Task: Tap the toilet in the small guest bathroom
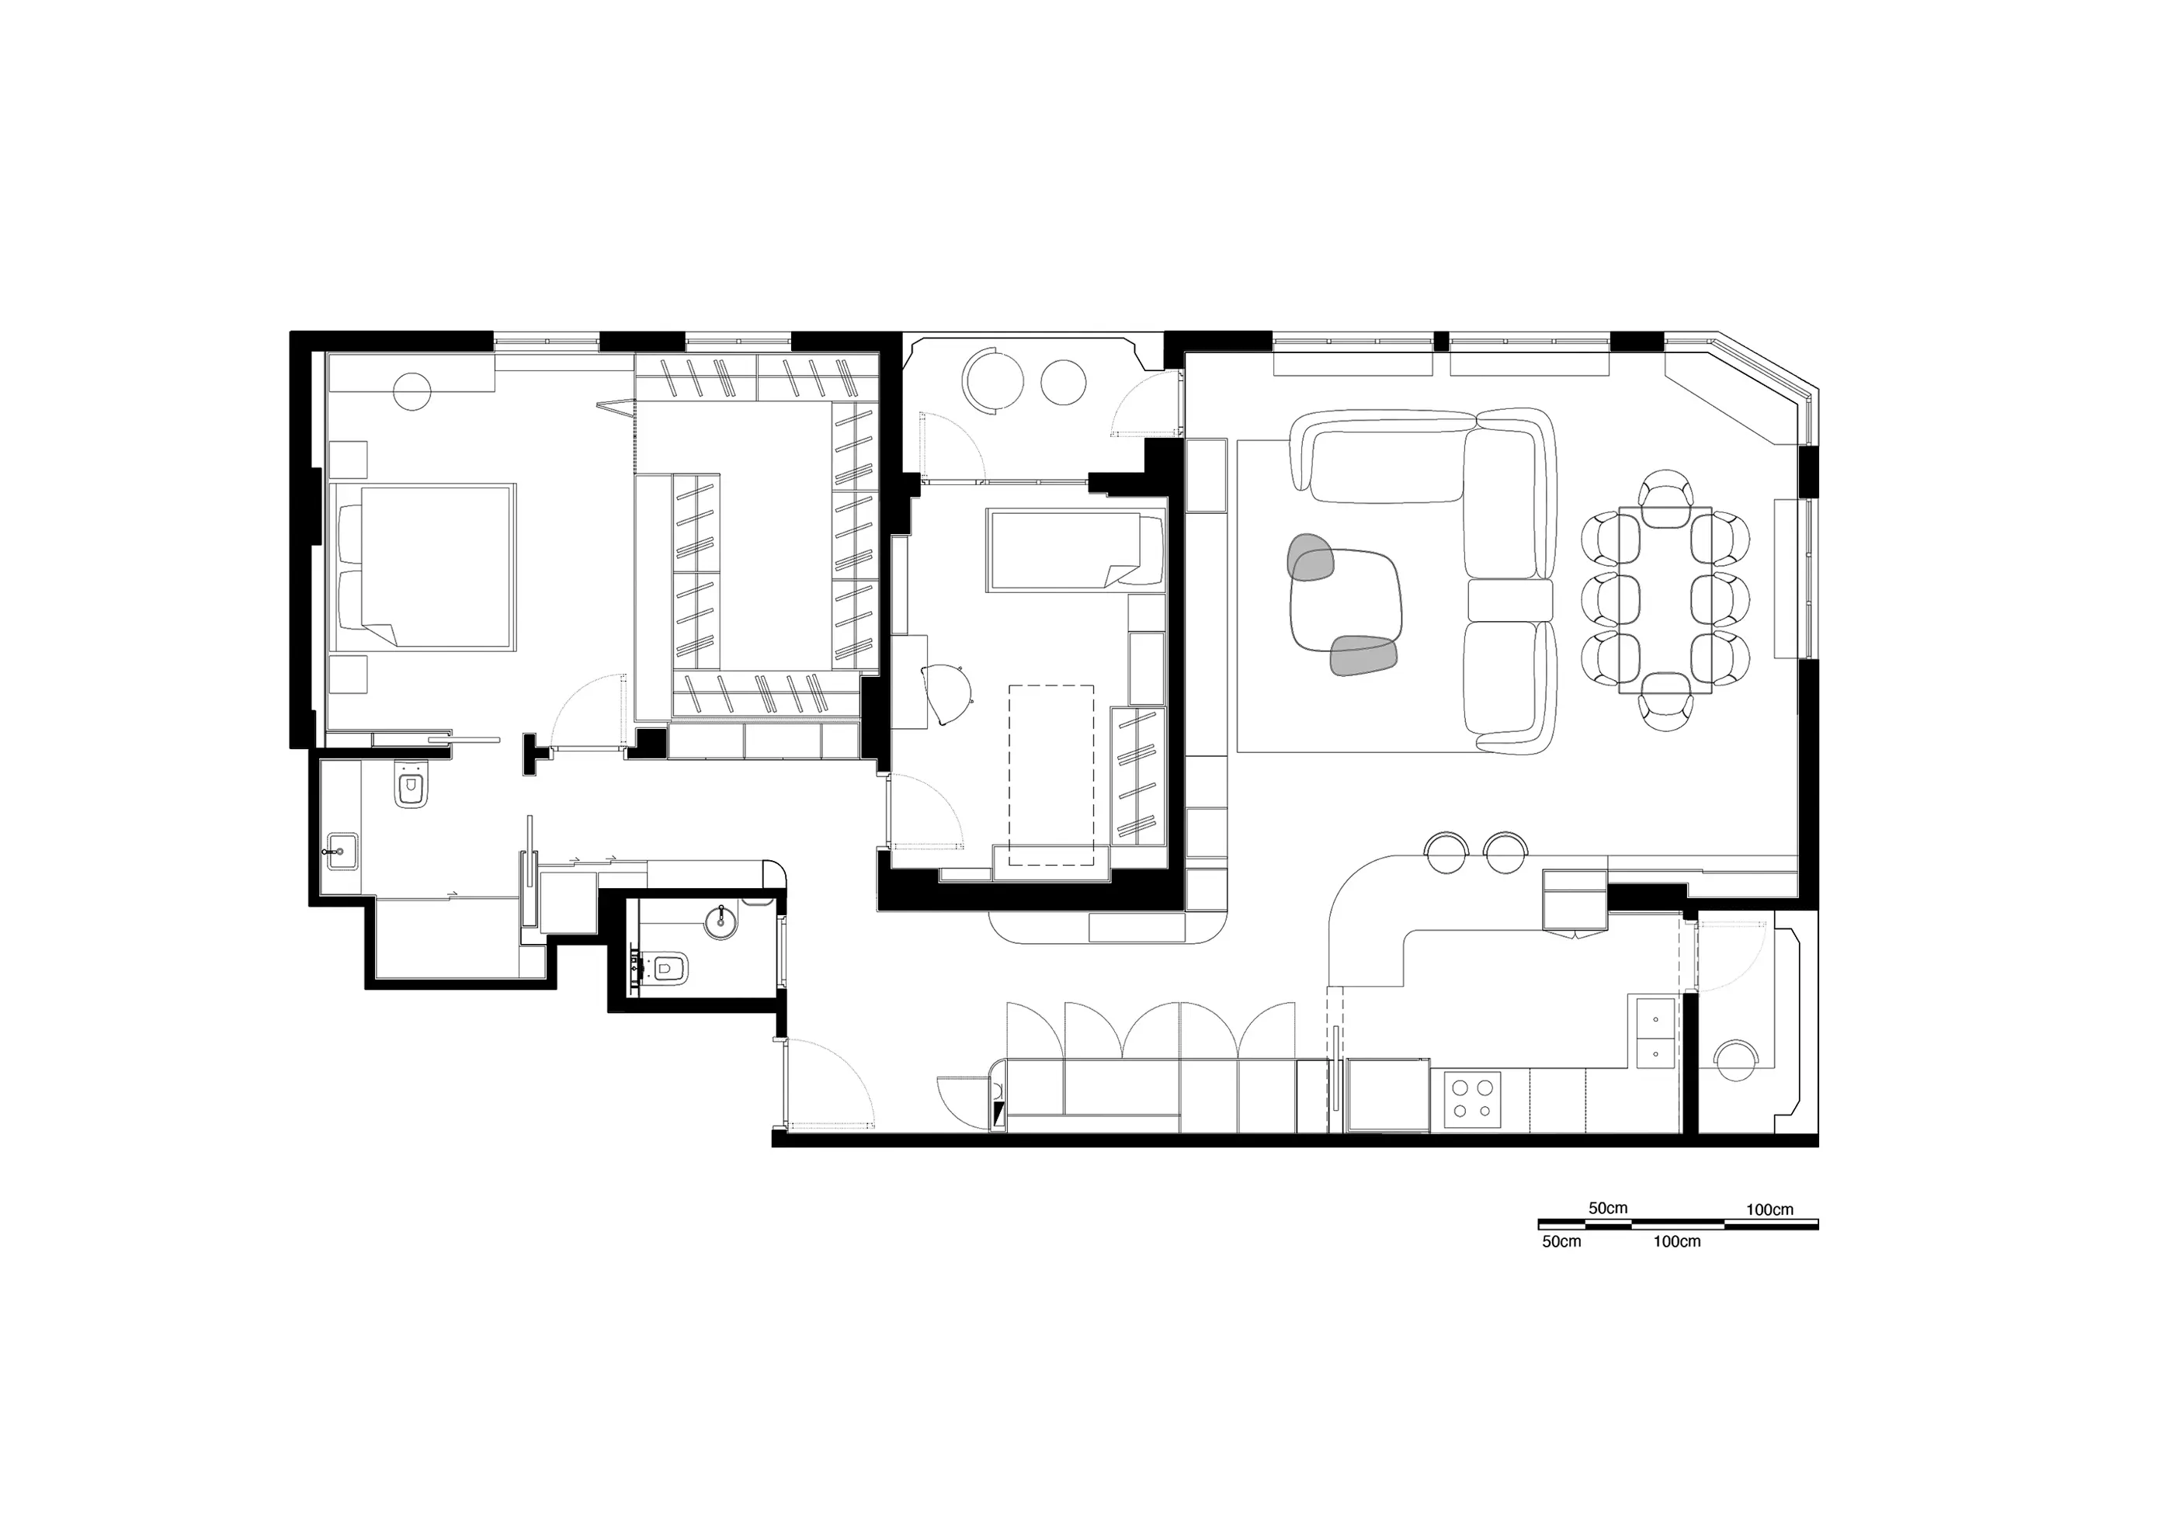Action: tap(667, 968)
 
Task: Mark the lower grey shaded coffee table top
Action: tap(1363, 655)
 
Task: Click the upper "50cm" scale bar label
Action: tap(1608, 1208)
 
